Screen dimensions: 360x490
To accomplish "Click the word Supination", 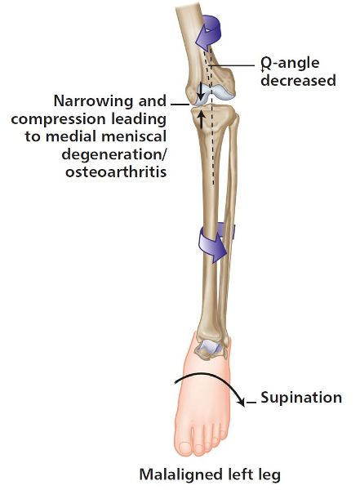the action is point(301,398).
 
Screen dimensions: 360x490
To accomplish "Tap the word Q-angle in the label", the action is point(291,63).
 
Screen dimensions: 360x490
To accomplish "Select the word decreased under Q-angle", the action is point(299,80).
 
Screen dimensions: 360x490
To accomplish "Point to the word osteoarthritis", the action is point(116,171).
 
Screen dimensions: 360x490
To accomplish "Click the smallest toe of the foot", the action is point(224,434).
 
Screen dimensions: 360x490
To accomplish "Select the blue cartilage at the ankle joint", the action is point(209,346).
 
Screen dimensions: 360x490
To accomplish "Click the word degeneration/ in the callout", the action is point(114,154).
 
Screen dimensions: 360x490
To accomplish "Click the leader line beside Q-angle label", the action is point(232,65).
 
